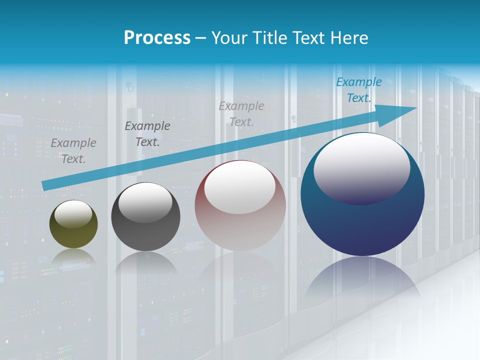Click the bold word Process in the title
[157, 38]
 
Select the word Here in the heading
[349, 38]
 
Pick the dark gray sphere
[145, 235]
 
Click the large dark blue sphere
[362, 225]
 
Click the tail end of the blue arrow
[45, 185]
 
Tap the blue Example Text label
[358, 90]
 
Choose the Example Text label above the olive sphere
[73, 150]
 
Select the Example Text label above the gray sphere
[147, 134]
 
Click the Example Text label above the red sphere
[241, 113]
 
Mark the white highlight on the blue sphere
[361, 167]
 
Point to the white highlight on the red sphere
[240, 187]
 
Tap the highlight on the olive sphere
[73, 214]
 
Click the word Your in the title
[227, 38]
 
